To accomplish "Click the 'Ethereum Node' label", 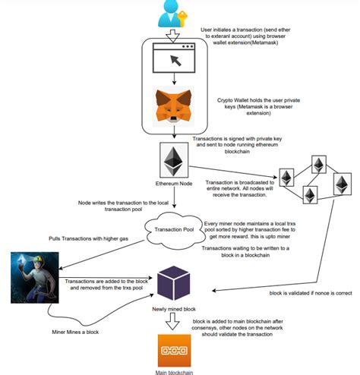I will tap(175, 184).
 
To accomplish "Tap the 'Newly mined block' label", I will tap(174, 310).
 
